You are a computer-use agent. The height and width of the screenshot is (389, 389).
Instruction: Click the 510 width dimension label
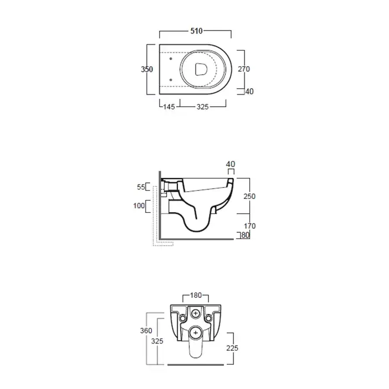coord(197,31)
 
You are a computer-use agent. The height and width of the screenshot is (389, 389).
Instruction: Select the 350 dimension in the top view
coord(147,69)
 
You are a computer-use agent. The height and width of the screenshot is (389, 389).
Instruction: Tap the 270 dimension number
coord(244,69)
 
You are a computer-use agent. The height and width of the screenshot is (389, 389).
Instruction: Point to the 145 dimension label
coord(169,107)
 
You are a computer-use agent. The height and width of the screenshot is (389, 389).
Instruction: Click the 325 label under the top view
coord(203,107)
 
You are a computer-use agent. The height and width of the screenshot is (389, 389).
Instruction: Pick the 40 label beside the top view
coord(250,92)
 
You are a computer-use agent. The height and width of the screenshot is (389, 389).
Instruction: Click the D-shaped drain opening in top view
coord(201,69)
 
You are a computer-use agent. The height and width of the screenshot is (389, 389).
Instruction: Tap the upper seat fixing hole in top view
coord(171,59)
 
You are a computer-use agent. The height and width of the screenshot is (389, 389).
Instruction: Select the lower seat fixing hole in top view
coord(171,80)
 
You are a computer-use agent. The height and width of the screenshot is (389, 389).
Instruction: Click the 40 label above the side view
coord(231,164)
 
